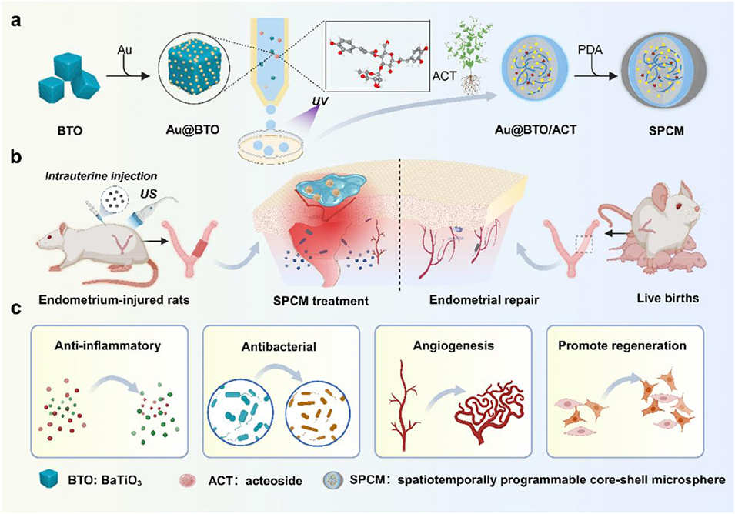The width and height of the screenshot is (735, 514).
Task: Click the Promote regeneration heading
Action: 622,346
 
